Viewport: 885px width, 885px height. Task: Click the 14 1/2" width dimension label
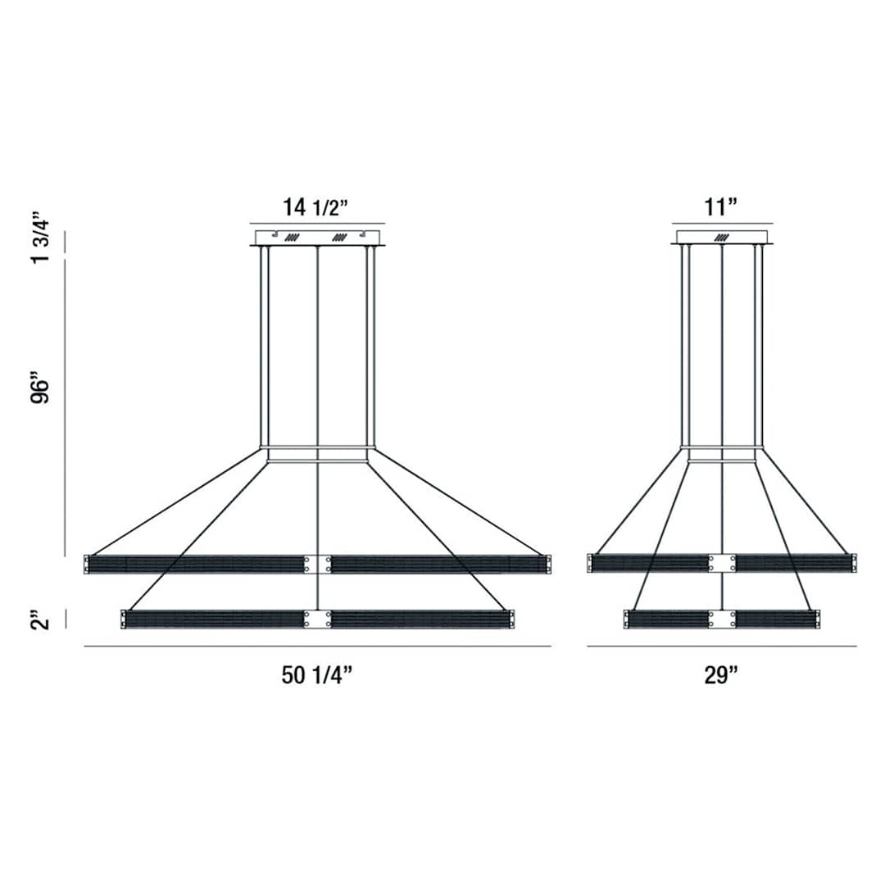(316, 206)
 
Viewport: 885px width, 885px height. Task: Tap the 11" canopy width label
(721, 206)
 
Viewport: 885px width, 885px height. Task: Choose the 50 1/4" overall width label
(316, 674)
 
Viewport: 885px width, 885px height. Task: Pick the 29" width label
(721, 674)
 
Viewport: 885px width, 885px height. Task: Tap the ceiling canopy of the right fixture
(722, 238)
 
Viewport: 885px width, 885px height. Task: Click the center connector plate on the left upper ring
(318, 564)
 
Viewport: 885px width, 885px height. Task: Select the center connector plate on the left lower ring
(318, 619)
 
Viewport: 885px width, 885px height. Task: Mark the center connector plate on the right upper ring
(722, 563)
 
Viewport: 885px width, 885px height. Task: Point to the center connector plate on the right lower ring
(722, 619)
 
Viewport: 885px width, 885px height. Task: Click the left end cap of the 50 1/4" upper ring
(87, 564)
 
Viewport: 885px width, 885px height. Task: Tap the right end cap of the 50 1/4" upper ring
(548, 564)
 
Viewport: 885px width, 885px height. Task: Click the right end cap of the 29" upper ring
(854, 563)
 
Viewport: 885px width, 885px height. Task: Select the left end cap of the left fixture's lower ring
(124, 619)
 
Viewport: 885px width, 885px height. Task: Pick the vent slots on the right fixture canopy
(722, 238)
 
